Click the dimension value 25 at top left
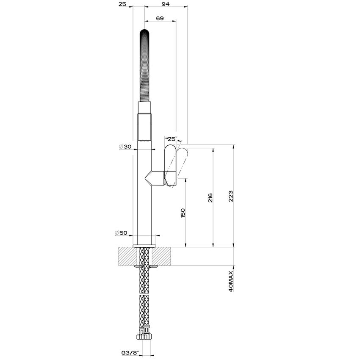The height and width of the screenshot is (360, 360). [x=122, y=4]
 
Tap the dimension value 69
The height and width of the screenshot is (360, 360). [x=160, y=18]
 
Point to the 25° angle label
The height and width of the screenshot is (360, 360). [x=172, y=139]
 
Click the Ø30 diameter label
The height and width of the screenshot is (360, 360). [x=126, y=147]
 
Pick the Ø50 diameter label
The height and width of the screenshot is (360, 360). [x=121, y=233]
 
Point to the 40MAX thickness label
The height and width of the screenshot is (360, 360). [x=231, y=280]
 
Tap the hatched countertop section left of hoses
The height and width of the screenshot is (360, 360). [x=127, y=257]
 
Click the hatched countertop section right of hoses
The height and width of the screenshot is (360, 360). [x=163, y=257]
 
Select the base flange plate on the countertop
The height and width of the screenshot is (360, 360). [x=144, y=246]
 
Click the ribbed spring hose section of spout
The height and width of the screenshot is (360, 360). [x=144, y=68]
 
